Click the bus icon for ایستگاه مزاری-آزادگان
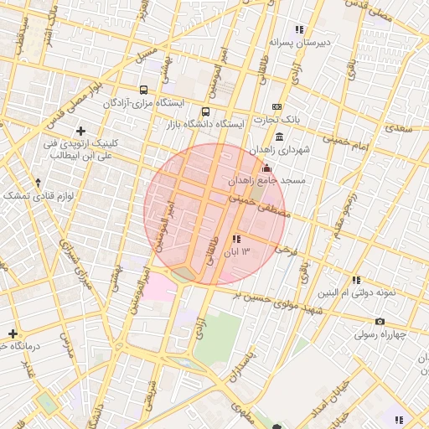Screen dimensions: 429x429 coord(144,90)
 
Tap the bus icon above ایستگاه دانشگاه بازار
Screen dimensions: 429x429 coord(206,111)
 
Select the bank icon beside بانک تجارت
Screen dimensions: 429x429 coord(277,107)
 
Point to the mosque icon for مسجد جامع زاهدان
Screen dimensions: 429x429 coord(267,168)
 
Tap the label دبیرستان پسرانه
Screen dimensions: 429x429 coord(301,41)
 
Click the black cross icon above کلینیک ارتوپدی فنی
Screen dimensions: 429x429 coord(80,131)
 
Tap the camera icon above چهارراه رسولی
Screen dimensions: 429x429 coord(380,322)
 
